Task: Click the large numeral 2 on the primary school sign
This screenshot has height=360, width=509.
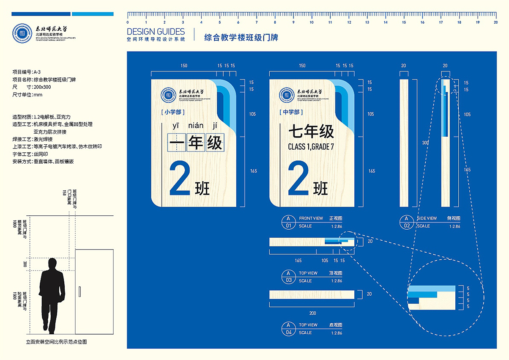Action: click(x=179, y=179)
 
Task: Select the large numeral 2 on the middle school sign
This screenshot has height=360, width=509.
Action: click(x=298, y=179)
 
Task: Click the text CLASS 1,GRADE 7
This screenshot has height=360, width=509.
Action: click(x=311, y=147)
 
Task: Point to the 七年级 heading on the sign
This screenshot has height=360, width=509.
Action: click(x=311, y=132)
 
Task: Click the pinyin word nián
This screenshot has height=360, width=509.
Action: click(x=196, y=126)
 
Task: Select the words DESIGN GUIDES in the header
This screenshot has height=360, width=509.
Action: click(x=156, y=32)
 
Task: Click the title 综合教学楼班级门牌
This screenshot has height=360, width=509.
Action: click(x=241, y=37)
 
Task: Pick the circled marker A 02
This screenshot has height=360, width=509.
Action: click(x=406, y=222)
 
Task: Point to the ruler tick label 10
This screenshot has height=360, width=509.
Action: click(x=312, y=22)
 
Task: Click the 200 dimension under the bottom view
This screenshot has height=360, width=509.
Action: click(x=312, y=313)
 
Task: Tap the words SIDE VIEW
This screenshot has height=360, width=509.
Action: click(x=427, y=218)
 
